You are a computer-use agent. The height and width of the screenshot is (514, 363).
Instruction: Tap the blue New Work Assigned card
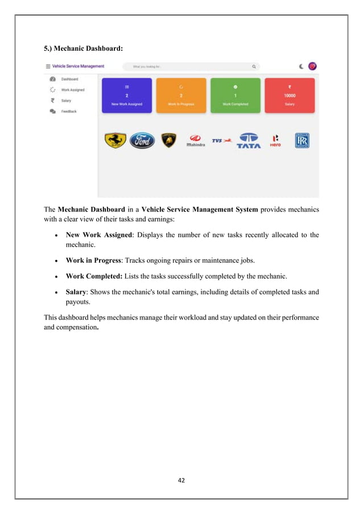coord(127,95)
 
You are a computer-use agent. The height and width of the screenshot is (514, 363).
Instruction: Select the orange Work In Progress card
coord(181,95)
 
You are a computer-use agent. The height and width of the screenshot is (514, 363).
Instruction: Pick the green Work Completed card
coord(235,95)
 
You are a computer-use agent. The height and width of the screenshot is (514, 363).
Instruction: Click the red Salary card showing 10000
coord(289,95)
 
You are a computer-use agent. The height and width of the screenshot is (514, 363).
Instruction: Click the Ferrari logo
coord(115,140)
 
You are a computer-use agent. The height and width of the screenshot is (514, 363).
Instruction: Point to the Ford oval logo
coord(142,141)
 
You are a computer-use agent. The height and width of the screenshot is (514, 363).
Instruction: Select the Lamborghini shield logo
coord(169,141)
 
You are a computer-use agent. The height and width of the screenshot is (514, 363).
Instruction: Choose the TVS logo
coord(221,140)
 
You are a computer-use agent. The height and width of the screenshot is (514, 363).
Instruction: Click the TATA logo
coord(249,141)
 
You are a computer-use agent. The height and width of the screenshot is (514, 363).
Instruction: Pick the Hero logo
coord(275,141)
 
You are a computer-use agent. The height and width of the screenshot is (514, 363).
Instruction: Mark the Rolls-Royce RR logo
coord(302,141)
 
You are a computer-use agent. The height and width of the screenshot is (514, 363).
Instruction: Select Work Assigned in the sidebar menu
coord(72,89)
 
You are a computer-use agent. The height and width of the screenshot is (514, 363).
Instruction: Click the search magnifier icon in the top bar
coord(254,67)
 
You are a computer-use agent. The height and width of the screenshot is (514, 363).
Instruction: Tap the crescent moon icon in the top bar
coord(301,67)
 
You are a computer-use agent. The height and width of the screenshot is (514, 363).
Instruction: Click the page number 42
coord(181,480)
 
